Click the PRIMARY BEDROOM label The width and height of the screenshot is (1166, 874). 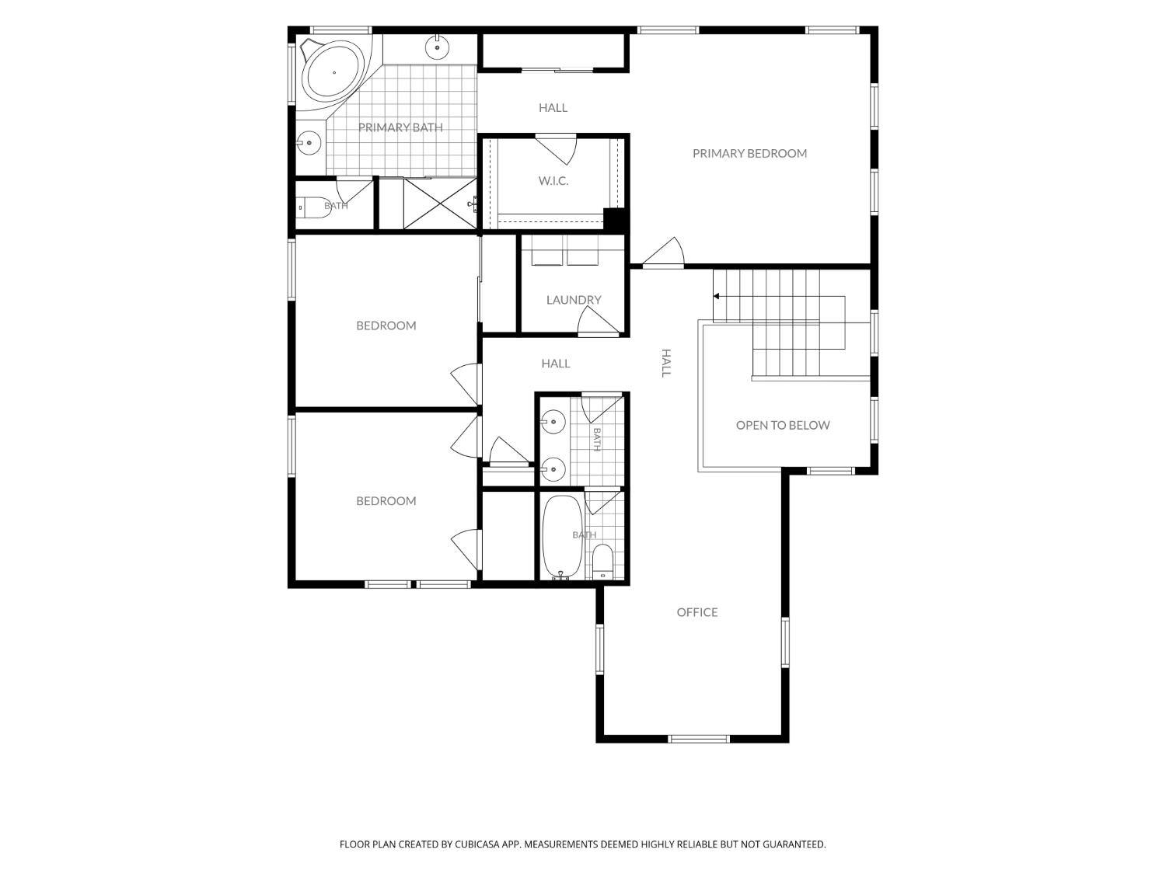coord(749,153)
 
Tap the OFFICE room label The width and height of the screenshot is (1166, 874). coord(697,612)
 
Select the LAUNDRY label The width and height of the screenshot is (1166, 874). coord(574,300)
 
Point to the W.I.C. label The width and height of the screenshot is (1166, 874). coord(553,181)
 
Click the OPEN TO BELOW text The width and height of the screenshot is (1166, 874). coord(783,425)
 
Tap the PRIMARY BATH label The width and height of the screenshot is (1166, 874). coord(400,127)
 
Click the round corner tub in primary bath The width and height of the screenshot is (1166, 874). coord(333,72)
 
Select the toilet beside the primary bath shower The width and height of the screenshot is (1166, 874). coord(314,207)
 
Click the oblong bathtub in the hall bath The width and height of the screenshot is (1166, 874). coord(562,537)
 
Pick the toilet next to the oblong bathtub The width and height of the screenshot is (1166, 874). coord(602,562)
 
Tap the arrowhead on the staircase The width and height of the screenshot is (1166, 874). coord(717,296)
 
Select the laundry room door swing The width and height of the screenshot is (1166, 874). coord(598,321)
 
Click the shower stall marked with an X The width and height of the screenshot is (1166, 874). coord(440,204)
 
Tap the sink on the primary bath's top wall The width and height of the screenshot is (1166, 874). coord(437,47)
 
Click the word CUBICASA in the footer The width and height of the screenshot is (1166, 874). coord(477,844)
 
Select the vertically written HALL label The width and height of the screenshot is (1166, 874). coord(666,363)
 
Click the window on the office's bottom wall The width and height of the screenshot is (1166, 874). coord(699,739)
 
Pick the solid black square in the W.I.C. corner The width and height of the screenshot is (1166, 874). coord(614,219)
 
